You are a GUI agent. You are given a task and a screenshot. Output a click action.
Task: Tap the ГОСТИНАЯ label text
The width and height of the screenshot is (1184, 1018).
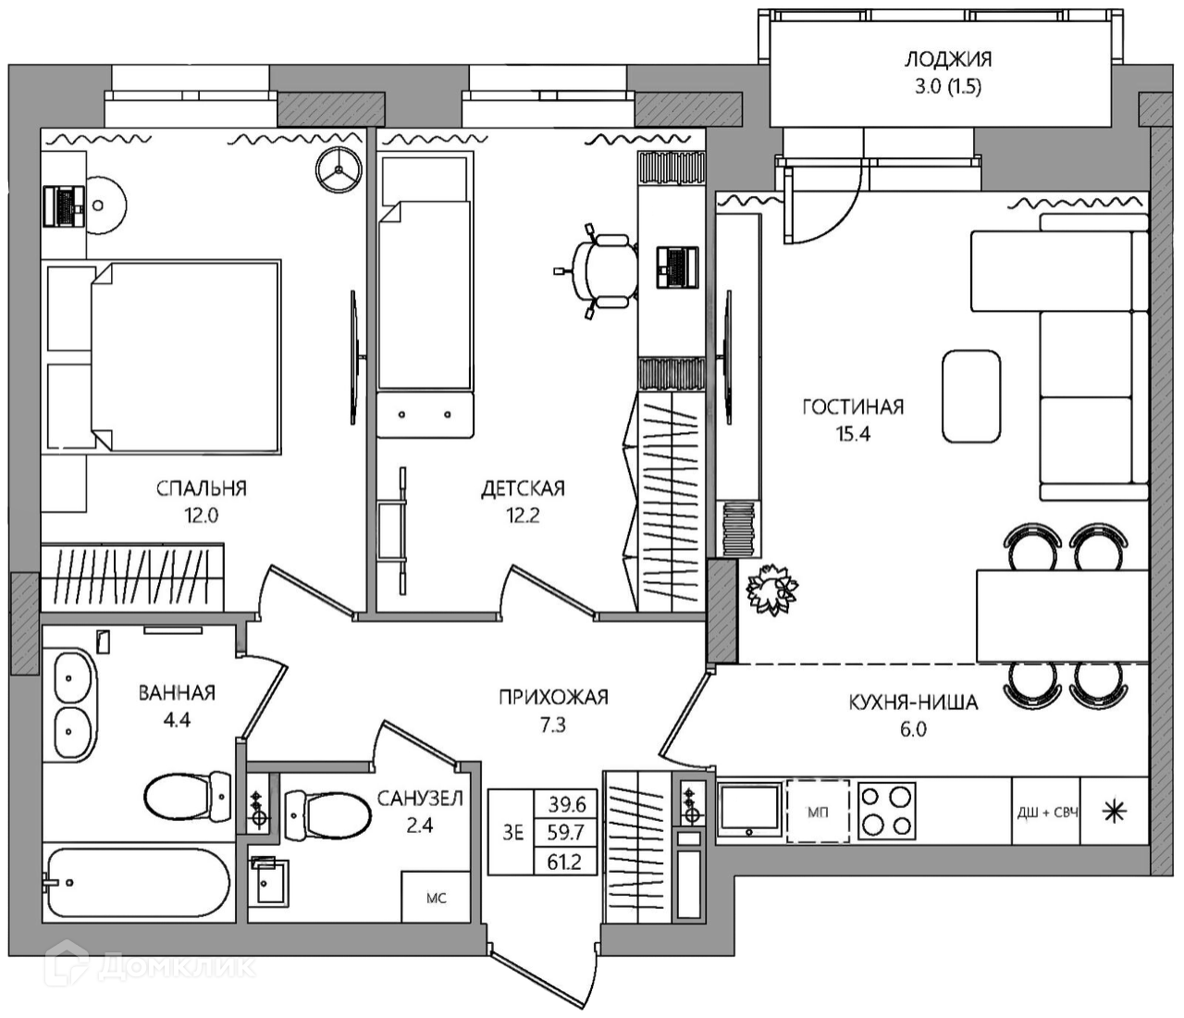pyautogui.click(x=853, y=407)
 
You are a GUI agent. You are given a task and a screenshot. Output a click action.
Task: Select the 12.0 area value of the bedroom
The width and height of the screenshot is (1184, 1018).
pyautogui.click(x=201, y=515)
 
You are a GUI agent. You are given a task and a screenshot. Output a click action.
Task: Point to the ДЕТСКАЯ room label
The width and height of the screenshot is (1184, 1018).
pyautogui.click(x=523, y=489)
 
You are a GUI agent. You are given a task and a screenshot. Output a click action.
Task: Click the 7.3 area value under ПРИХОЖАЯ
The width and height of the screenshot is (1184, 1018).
pyautogui.click(x=553, y=726)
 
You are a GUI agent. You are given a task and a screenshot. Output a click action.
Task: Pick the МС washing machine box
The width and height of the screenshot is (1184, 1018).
pyautogui.click(x=436, y=897)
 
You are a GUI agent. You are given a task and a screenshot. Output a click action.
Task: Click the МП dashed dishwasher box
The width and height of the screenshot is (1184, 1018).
pyautogui.click(x=818, y=813)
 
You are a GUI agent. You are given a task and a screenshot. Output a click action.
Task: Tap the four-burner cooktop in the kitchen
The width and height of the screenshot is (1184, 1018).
pyautogui.click(x=886, y=811)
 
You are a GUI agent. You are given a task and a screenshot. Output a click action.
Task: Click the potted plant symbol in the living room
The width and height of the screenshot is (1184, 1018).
pyautogui.click(x=772, y=590)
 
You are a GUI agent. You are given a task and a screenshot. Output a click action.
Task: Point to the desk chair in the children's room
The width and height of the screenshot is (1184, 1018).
pyautogui.click(x=598, y=271)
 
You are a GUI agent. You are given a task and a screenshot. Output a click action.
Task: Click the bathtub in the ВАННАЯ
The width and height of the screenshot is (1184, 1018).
pyautogui.click(x=138, y=883)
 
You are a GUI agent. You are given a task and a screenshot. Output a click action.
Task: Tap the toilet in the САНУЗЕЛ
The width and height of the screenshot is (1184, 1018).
pyautogui.click(x=327, y=815)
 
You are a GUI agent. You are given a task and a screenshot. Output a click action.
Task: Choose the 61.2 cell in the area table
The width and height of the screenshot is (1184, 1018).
pyautogui.click(x=564, y=862)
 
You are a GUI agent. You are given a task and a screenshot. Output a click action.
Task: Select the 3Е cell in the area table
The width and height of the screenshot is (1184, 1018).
pyautogui.click(x=513, y=832)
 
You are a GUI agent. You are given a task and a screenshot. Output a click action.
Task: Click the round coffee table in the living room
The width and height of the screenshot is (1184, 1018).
pyautogui.click(x=971, y=397)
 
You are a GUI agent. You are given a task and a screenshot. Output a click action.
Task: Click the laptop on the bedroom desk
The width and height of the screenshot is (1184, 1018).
pyautogui.click(x=64, y=207)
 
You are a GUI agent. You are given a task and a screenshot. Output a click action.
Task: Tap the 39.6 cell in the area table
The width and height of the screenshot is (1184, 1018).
pyautogui.click(x=566, y=805)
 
